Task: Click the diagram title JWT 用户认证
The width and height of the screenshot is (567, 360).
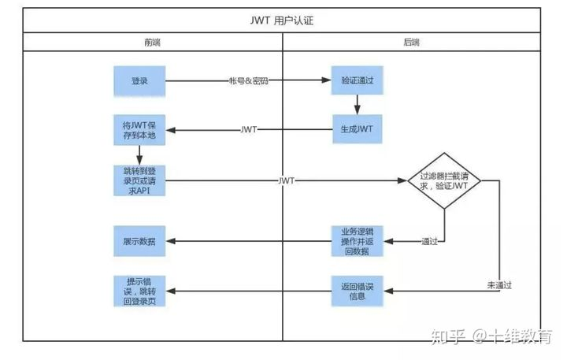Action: (283, 21)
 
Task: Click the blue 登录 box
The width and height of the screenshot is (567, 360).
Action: (139, 81)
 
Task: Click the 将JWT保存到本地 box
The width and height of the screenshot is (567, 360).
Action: (139, 130)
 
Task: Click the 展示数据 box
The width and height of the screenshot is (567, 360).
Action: (139, 240)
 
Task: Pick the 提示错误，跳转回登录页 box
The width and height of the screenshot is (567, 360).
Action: (139, 291)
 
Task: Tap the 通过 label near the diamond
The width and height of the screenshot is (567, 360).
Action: (430, 240)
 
